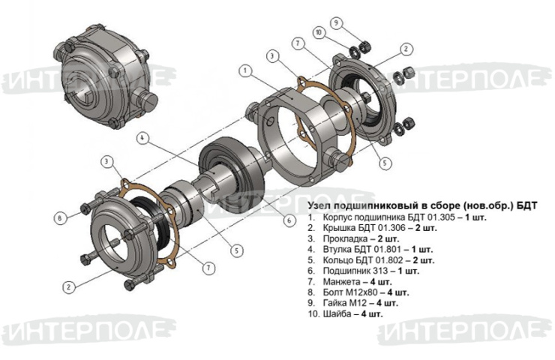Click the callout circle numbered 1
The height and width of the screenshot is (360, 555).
coord(245,70)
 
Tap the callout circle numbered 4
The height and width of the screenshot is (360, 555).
coord(142,138)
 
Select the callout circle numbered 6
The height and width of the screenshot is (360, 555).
coord(289,220)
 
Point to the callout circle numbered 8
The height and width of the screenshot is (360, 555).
coord(59,217)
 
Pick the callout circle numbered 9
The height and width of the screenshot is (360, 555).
coord(336,23)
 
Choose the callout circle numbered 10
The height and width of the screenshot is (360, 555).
coord(319,33)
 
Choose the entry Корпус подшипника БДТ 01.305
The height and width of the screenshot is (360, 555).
coord(388,217)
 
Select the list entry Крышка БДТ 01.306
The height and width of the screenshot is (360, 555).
coord(364,227)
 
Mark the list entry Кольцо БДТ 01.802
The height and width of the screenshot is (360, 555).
coord(363,260)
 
